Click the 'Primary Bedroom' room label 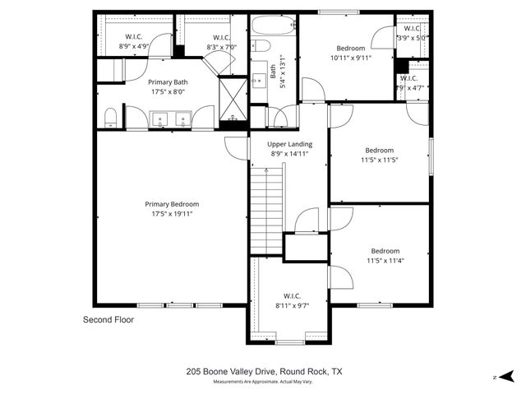(x=173, y=204)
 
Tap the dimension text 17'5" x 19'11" (x=173, y=214)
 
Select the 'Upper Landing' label (x=288, y=143)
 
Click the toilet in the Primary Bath (x=111, y=120)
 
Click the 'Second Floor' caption (x=108, y=319)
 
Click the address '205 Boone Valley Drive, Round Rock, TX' (x=264, y=372)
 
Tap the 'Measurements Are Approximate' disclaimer (x=264, y=383)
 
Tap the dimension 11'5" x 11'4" (x=385, y=261)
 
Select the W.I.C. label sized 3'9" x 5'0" (x=413, y=38)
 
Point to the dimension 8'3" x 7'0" (x=222, y=48)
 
